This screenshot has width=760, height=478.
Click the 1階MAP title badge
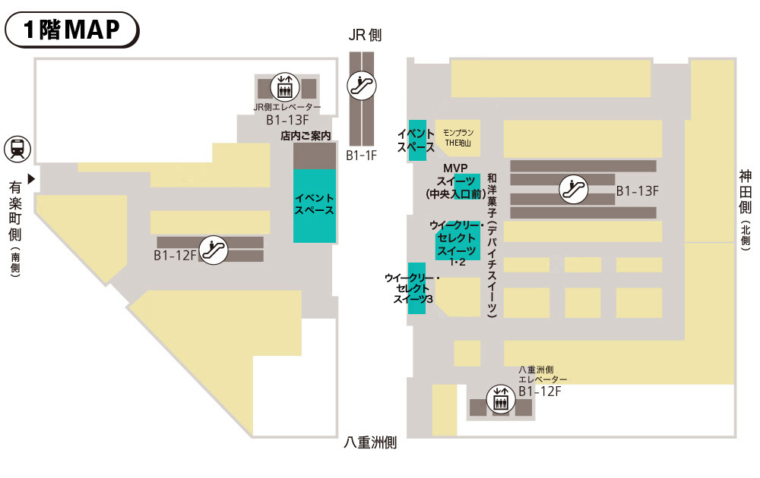tap(71, 30)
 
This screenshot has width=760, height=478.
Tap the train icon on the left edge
tap(17, 149)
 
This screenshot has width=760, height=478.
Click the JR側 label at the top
tap(365, 35)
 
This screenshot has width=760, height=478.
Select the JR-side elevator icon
tap(284, 86)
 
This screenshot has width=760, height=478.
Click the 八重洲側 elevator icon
tap(501, 399)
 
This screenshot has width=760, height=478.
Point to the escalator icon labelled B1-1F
tap(362, 85)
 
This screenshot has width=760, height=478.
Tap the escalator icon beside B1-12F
tap(214, 250)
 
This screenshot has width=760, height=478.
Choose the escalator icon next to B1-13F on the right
tap(573, 189)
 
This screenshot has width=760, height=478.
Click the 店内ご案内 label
tap(306, 136)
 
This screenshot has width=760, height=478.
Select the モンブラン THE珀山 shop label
tap(458, 138)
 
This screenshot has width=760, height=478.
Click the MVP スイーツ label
tap(455, 181)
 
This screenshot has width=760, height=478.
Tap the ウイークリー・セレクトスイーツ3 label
tap(413, 288)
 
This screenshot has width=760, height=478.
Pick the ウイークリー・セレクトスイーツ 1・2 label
tap(457, 244)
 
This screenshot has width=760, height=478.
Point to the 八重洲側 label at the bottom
tap(370, 442)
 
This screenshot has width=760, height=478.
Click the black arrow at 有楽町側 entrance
tap(31, 179)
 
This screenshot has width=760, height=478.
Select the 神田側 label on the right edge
tap(746, 209)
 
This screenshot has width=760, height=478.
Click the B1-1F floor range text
tap(361, 156)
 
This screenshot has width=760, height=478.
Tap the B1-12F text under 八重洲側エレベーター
tap(540, 392)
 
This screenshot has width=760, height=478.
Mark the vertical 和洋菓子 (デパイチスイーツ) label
tap(492, 245)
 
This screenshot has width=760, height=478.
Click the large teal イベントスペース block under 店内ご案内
tap(315, 206)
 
